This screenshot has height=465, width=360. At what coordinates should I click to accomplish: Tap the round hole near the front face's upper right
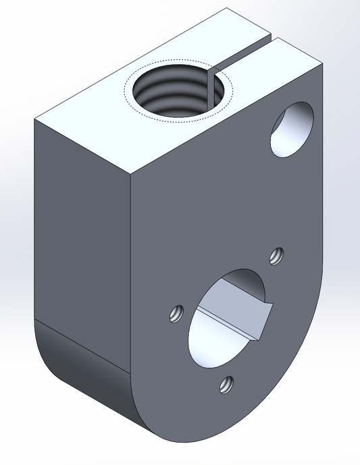click(292, 130)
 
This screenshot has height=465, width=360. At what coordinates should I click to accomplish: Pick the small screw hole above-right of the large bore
click(275, 255)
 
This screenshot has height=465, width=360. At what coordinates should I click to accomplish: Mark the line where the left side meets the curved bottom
click(81, 346)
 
